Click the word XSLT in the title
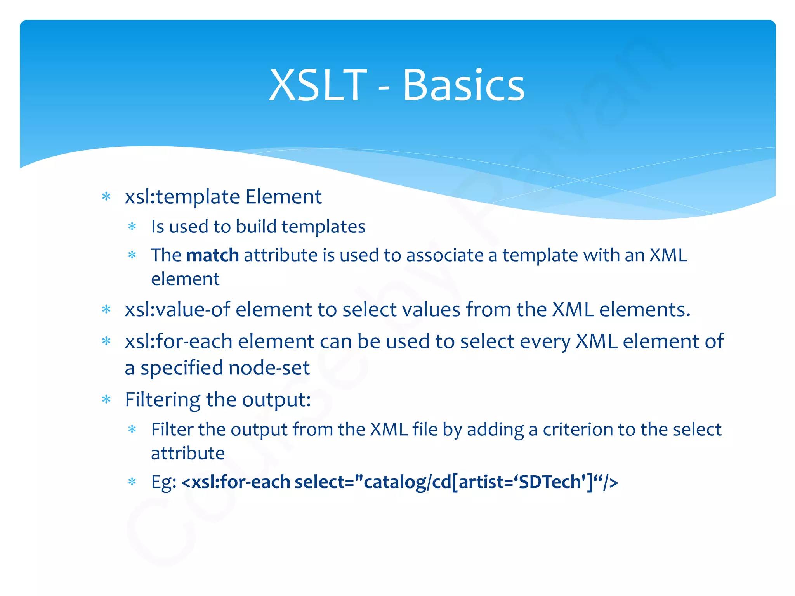click(318, 85)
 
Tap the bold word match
click(212, 255)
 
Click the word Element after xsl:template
click(283, 197)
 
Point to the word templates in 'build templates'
click(323, 227)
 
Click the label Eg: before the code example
click(164, 482)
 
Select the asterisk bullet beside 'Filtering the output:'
click(106, 399)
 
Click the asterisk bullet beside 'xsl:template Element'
click(106, 196)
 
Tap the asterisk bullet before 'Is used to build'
click(132, 226)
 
